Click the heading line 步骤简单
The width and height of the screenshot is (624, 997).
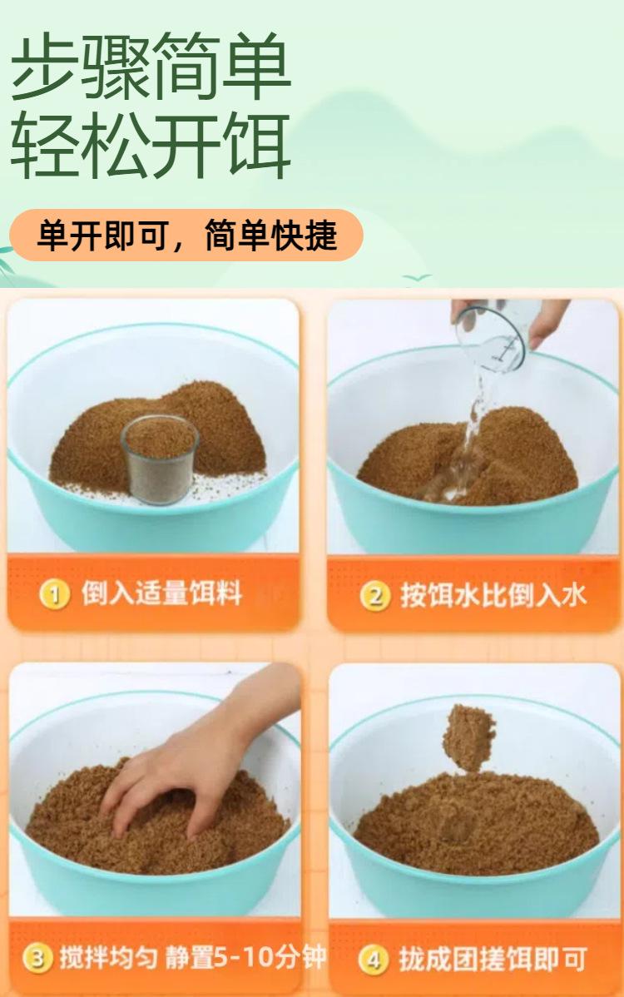coord(151,66)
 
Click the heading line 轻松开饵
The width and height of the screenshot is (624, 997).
coord(151,146)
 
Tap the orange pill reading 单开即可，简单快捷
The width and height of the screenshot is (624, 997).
coord(186,236)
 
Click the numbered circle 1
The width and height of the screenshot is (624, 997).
coord(55,594)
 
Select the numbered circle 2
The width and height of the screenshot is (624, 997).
coord(375,597)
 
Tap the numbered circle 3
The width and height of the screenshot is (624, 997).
coord(37,958)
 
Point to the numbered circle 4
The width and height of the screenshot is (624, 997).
coord(373,959)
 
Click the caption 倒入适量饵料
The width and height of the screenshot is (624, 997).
coord(161,594)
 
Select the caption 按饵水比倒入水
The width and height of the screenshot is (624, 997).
coord(493,596)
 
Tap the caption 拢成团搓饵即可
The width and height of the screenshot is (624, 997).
coord(493,959)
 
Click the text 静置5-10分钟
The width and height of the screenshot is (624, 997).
coord(246,957)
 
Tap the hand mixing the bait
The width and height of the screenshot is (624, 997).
coord(191,763)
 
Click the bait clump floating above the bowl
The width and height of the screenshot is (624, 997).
coord(469,737)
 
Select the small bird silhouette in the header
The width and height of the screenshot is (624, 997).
coord(417,278)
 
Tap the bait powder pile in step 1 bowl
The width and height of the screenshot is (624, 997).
coord(159,439)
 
